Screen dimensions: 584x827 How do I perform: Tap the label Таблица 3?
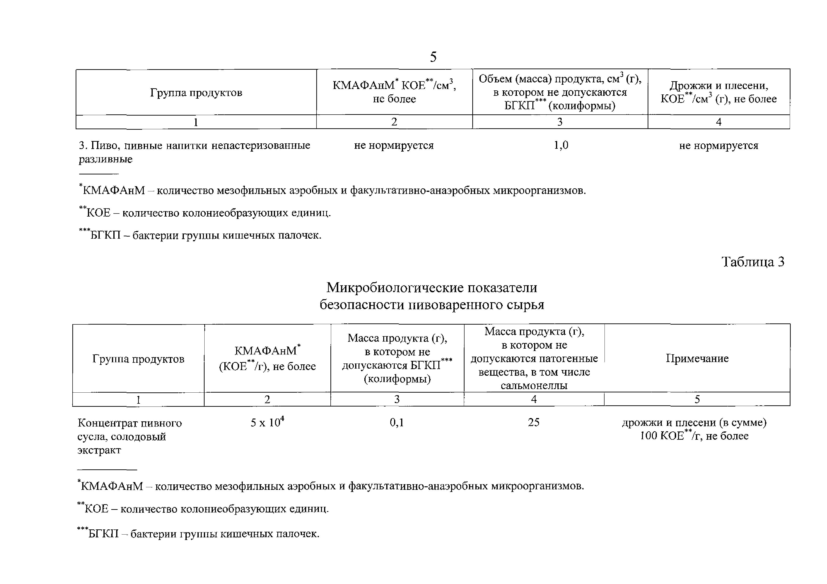(x=753, y=262)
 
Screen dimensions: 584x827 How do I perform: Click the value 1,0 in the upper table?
(x=561, y=145)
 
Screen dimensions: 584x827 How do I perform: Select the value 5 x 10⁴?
(x=267, y=422)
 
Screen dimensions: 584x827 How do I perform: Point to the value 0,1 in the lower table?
(x=397, y=422)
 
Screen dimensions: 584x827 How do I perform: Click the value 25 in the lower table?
(x=533, y=422)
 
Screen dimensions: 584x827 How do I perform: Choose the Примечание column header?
(x=697, y=358)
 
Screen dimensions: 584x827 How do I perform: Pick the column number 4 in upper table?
(x=718, y=122)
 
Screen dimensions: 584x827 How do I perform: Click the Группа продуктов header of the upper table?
(x=196, y=93)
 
